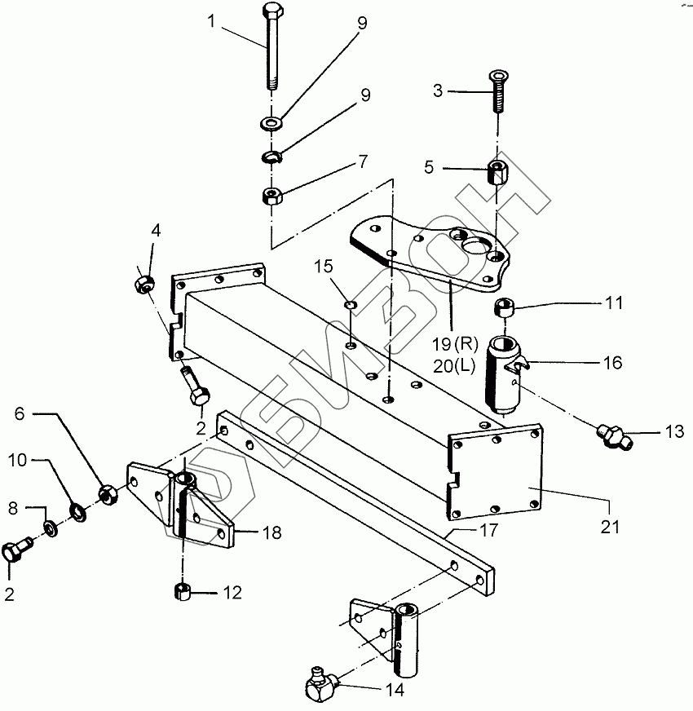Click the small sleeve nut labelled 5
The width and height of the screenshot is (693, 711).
click(x=497, y=174)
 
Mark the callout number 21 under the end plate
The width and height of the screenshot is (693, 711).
click(x=611, y=528)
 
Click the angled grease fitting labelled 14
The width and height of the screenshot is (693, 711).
click(x=319, y=687)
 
